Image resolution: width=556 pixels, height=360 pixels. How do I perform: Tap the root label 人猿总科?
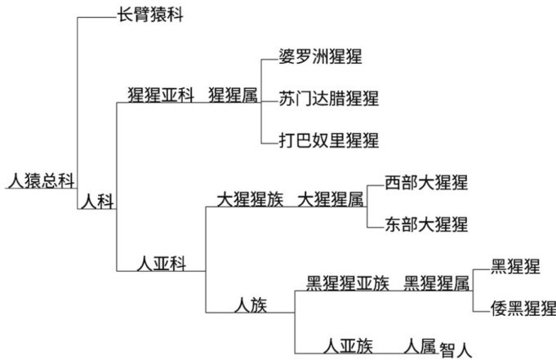coord(39,180)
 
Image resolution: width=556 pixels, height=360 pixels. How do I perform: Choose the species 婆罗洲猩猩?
coord(320,57)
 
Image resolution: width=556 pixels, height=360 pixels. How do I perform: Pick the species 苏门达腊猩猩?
coord(328,98)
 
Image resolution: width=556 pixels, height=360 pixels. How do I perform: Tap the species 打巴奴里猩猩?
coord(328,140)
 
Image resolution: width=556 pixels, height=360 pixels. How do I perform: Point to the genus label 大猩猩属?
coord(330,199)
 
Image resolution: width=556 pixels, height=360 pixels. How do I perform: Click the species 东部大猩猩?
coord(426,224)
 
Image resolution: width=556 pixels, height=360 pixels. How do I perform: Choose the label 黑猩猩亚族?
coord(347,284)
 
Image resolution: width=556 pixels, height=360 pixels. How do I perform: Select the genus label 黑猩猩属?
coord(437,284)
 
